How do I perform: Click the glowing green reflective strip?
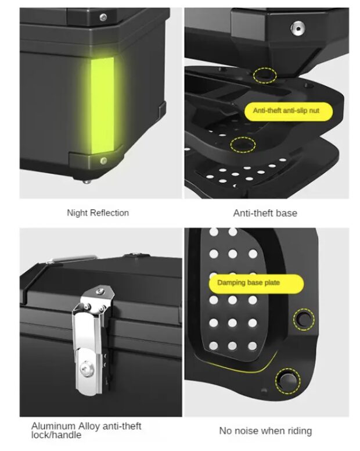point(103,106)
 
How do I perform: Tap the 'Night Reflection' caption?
point(98,213)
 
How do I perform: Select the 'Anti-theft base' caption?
point(265,213)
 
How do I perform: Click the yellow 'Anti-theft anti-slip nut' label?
point(288,111)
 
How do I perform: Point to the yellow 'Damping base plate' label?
point(256,283)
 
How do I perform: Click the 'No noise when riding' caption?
point(265,431)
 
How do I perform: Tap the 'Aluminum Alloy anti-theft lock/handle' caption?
point(86,430)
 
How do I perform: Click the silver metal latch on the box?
point(92,339)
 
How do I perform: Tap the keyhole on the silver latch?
point(85,367)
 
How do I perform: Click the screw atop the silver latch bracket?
point(100,291)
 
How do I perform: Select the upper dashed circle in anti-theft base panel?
point(265,76)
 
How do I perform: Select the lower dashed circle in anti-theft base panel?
point(243,144)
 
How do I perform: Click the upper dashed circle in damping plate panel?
point(304,319)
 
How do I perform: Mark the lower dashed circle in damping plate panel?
point(288,381)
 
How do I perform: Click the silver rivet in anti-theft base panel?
point(298,28)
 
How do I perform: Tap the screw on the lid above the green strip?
point(103,17)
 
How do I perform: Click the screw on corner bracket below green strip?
point(103,160)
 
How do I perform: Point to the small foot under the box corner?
point(85,181)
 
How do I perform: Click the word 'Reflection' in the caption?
point(109,213)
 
